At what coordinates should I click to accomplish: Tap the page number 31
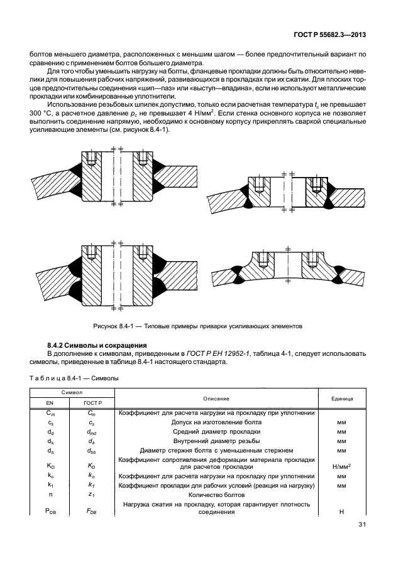pos(361,525)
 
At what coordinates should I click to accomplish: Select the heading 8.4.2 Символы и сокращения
pos(97,345)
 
